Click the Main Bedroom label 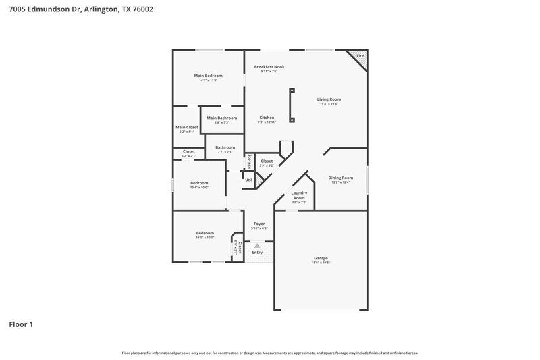208,76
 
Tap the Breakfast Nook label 269,67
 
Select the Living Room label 329,99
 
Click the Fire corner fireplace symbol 360,57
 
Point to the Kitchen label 267,118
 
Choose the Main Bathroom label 222,118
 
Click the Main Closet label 187,127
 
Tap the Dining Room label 341,178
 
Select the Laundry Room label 299,195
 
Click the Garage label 321,258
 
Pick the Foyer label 259,224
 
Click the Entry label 257,252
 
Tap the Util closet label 248,180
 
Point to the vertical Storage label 249,161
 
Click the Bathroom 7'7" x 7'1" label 225,147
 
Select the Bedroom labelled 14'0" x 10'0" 205,233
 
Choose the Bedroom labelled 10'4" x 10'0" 199,183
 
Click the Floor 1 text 21,324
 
